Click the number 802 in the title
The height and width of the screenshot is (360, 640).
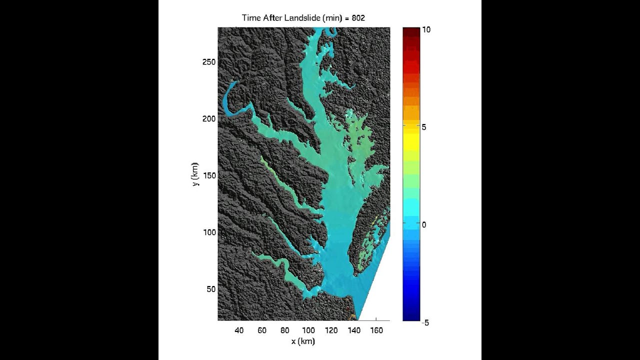click(358, 18)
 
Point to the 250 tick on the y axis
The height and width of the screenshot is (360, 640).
click(208, 61)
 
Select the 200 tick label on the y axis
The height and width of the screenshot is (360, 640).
click(208, 118)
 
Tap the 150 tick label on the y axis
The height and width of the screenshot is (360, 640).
click(208, 175)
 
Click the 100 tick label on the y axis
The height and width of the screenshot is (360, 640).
click(208, 232)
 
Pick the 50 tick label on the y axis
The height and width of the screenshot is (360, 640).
click(210, 289)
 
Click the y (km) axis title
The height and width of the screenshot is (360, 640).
click(195, 174)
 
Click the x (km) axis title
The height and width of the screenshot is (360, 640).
click(303, 341)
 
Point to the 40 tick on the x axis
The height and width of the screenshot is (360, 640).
click(239, 330)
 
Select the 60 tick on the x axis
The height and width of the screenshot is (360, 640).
click(262, 330)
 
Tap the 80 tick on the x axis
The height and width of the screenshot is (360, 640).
click(285, 330)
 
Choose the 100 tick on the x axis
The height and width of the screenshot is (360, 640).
click(308, 330)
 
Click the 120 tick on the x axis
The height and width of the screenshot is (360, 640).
click(330, 330)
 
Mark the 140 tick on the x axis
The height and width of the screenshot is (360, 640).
click(353, 330)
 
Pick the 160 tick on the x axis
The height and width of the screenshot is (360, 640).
click(376, 330)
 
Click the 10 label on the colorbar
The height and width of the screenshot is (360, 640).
click(425, 30)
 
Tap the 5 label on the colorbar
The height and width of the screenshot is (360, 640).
click(424, 127)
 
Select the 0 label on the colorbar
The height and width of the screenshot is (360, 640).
click(424, 224)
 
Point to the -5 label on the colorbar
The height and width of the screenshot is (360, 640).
click(425, 322)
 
